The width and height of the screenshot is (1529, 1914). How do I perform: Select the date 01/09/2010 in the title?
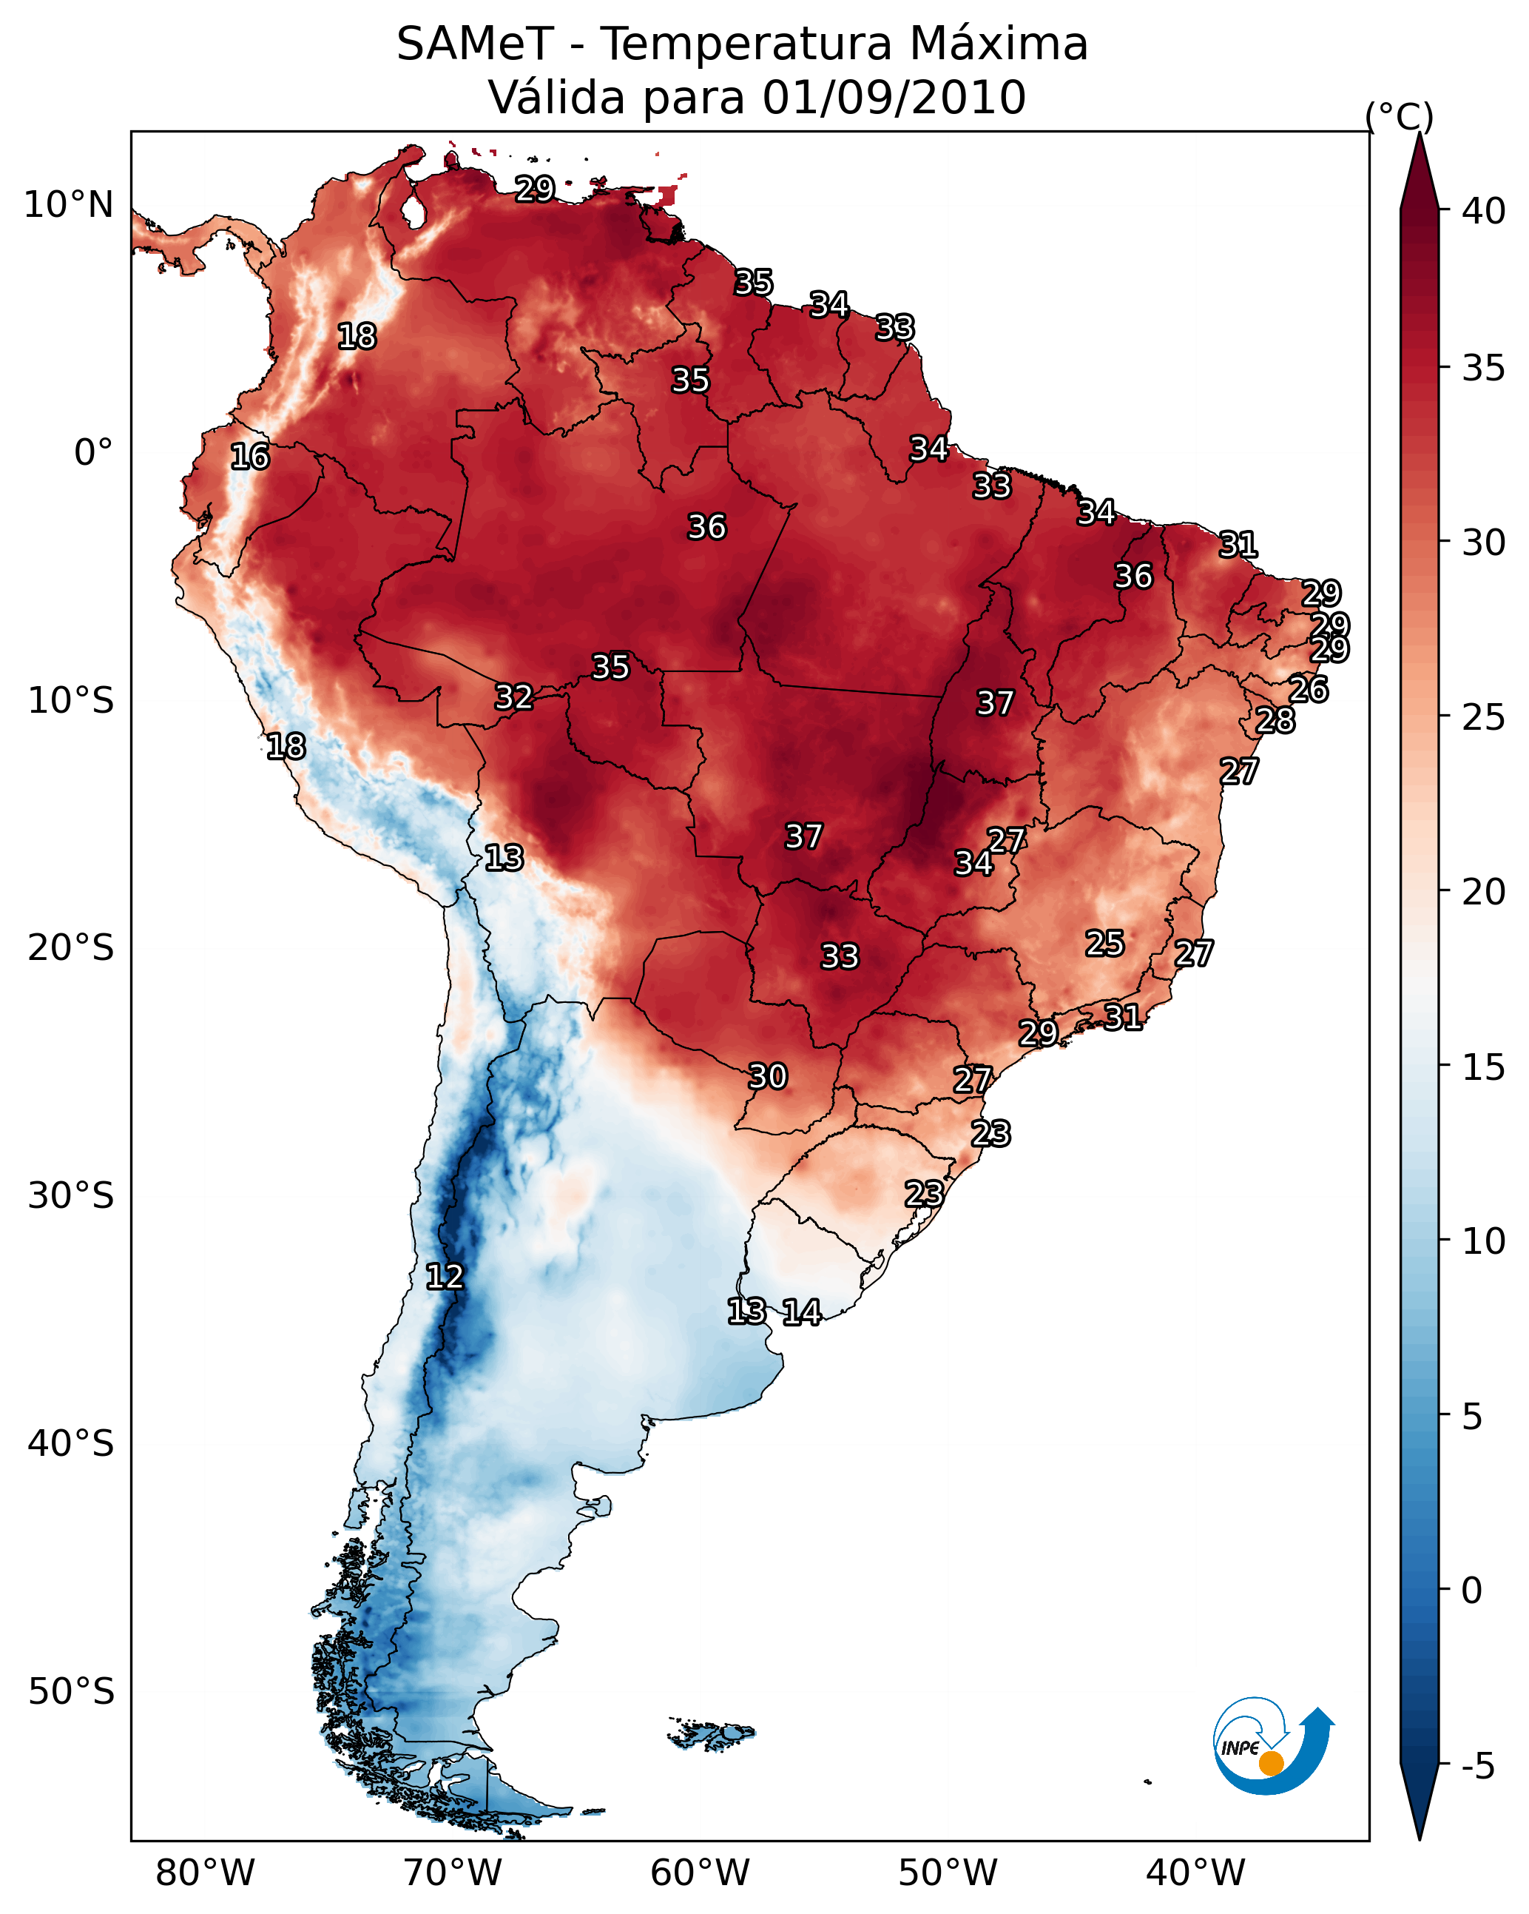(x=894, y=97)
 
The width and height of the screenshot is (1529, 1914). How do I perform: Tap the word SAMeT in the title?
(x=475, y=44)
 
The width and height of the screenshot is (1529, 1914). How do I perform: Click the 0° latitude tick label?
(x=94, y=453)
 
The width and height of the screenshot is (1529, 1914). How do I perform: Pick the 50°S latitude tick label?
(x=71, y=1692)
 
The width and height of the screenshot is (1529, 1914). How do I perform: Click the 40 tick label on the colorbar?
(x=1484, y=211)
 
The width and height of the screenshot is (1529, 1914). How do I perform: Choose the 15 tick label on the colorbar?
(x=1484, y=1067)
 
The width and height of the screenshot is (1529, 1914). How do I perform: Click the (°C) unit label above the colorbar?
(x=1400, y=117)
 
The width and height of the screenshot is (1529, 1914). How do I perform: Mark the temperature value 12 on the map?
(x=445, y=1277)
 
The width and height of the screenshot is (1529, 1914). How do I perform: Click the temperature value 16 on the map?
(x=249, y=457)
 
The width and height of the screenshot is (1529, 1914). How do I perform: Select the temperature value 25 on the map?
(x=1105, y=943)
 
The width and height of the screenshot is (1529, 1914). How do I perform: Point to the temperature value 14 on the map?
(x=801, y=1312)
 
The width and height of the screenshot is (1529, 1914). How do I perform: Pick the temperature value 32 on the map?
(x=514, y=697)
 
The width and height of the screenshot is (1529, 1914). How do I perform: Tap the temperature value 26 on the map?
(x=1309, y=689)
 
